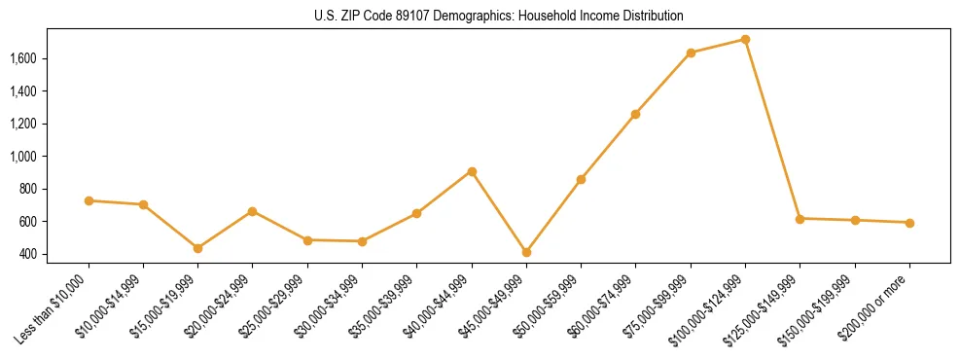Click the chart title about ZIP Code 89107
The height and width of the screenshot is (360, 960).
pos(499,16)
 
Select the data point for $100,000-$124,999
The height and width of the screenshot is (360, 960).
pos(745,40)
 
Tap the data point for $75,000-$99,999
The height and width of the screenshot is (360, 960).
pos(691,53)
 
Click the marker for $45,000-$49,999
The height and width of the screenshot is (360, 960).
pos(526,252)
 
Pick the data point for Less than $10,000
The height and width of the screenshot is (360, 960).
pos(89,200)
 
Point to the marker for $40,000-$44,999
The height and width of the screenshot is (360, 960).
pos(472,171)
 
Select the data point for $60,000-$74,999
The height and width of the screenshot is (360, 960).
pos(635,114)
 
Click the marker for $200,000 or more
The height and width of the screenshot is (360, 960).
pos(909,223)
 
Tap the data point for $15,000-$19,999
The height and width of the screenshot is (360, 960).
pos(198,248)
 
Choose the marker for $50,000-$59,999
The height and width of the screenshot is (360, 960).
pos(581,179)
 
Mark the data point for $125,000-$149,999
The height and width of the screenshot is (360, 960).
pos(800,219)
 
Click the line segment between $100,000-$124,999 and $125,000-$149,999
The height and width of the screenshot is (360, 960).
pos(772,129)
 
